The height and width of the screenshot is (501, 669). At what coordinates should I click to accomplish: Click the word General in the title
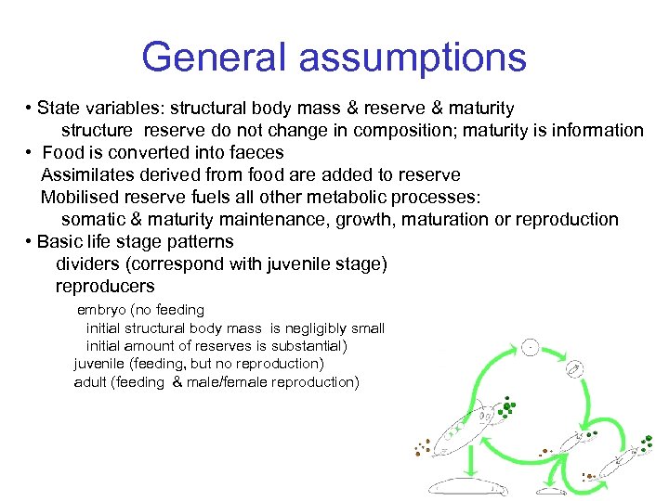tap(218, 58)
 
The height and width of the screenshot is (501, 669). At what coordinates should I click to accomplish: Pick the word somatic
tap(92, 220)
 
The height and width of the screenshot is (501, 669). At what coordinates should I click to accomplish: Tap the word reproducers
tap(105, 287)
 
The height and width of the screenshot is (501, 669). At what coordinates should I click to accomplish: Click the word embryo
tap(102, 310)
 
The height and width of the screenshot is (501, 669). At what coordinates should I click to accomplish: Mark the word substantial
tap(303, 346)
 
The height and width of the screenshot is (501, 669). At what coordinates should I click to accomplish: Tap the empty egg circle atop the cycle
tap(530, 347)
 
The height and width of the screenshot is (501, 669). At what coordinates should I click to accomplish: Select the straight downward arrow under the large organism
tap(471, 457)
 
